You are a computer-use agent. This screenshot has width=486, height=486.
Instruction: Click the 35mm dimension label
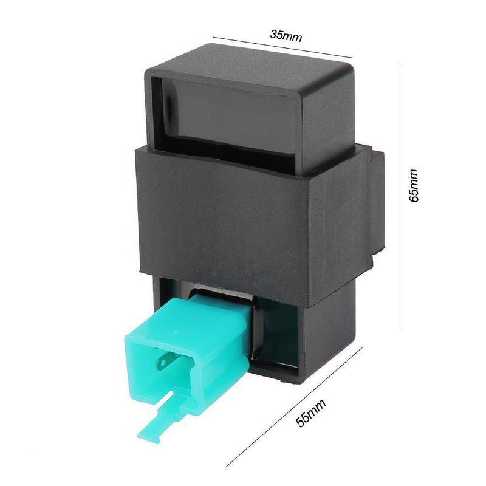tap(286, 36)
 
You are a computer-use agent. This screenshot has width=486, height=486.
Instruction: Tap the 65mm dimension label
tap(414, 186)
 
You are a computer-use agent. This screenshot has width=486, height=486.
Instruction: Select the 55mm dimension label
tap(311, 413)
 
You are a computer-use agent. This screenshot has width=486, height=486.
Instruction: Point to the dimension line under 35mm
tap(282, 47)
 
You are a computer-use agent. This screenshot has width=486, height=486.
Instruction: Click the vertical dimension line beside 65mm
tap(399, 194)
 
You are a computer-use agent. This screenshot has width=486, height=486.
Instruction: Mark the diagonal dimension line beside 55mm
tap(294, 406)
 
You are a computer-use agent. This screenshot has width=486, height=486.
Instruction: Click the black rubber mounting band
tap(248, 223)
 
